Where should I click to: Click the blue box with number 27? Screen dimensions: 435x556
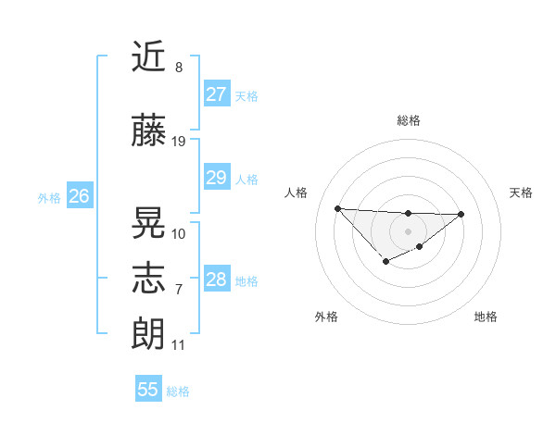pyautogui.click(x=216, y=94)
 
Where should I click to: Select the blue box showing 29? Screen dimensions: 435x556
pyautogui.click(x=216, y=178)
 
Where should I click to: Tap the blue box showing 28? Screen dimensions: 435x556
pyautogui.click(x=216, y=280)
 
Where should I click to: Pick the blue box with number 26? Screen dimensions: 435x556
pyautogui.click(x=79, y=196)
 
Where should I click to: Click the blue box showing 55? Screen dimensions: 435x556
pyautogui.click(x=148, y=390)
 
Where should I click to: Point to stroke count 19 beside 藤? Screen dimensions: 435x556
pyautogui.click(x=179, y=141)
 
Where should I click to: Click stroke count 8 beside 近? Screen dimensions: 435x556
pyautogui.click(x=179, y=68)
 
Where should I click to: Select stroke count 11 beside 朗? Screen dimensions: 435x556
pyautogui.click(x=179, y=345)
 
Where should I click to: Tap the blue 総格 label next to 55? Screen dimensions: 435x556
pyautogui.click(x=178, y=391)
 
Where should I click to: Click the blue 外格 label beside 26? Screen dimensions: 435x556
pyautogui.click(x=49, y=198)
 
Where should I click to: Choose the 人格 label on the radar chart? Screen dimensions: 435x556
pyautogui.click(x=297, y=193)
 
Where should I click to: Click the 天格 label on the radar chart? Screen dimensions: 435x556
pyautogui.click(x=521, y=193)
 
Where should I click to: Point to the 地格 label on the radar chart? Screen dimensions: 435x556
pyautogui.click(x=486, y=317)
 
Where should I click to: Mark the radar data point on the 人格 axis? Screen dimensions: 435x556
pyautogui.click(x=337, y=207)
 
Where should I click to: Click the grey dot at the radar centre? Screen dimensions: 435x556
pyautogui.click(x=408, y=230)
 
